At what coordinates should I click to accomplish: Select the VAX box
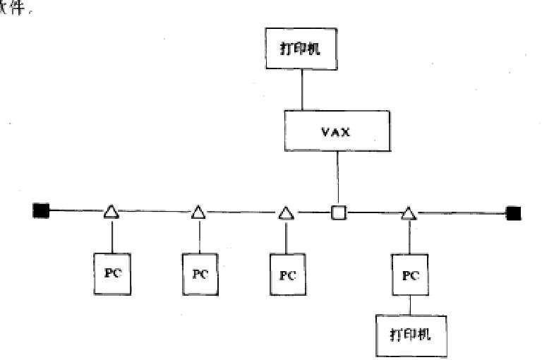pyautogui.click(x=337, y=131)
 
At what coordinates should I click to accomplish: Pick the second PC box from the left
pyautogui.click(x=199, y=274)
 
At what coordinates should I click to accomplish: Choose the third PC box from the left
pyautogui.click(x=287, y=275)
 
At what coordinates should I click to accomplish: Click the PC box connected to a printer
pyautogui.click(x=411, y=275)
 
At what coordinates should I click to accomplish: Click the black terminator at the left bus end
pyautogui.click(x=41, y=210)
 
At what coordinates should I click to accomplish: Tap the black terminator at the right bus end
pyautogui.click(x=513, y=212)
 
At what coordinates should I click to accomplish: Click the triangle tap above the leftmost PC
pyautogui.click(x=111, y=211)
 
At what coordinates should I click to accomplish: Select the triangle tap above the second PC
pyautogui.click(x=198, y=212)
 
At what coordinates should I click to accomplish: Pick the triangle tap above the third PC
pyautogui.click(x=285, y=212)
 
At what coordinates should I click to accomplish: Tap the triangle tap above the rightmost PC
pyautogui.click(x=409, y=212)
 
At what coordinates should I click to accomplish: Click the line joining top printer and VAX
pyautogui.click(x=301, y=89)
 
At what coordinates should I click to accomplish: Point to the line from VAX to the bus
pyautogui.click(x=338, y=179)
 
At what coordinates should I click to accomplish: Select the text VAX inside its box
pyautogui.click(x=337, y=131)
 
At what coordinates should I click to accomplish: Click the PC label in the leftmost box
pyautogui.click(x=112, y=273)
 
